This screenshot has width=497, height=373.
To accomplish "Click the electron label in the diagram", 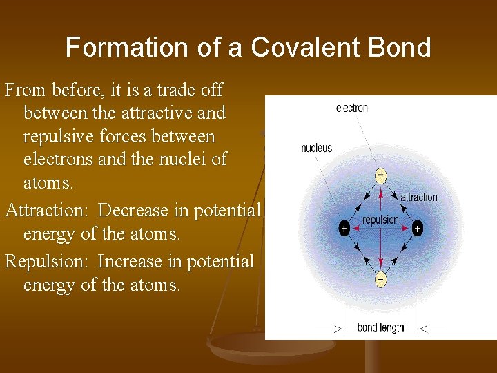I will coord(351,108).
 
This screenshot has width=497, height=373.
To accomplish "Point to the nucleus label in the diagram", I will coord(316,148).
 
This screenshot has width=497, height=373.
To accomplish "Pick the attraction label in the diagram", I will coord(418,197).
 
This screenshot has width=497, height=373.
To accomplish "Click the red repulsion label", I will coord(380,220).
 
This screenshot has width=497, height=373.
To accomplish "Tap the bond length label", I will coord(380,327).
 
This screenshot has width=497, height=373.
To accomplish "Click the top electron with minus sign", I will coord(380,175).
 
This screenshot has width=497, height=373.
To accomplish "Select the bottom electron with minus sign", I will coord(380,278).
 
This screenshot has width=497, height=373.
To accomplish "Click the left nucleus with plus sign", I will coord(344,229).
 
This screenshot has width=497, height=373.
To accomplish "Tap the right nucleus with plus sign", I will coord(417,229).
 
